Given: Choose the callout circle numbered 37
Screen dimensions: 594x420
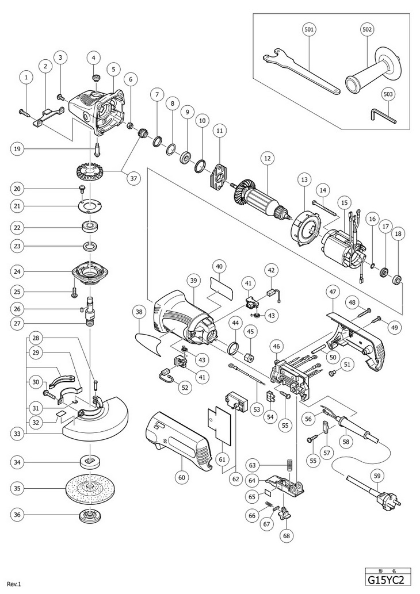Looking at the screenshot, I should [134, 179].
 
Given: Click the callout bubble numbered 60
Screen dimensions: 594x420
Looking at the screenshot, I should [182, 477].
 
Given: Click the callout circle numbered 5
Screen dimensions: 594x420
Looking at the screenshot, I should [113, 69].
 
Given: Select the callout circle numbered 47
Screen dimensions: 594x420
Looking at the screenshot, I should [332, 292].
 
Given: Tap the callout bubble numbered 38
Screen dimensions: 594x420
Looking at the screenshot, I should [138, 313].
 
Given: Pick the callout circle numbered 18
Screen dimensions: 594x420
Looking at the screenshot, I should [398, 234].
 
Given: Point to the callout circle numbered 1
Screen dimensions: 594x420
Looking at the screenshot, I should [26, 76].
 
